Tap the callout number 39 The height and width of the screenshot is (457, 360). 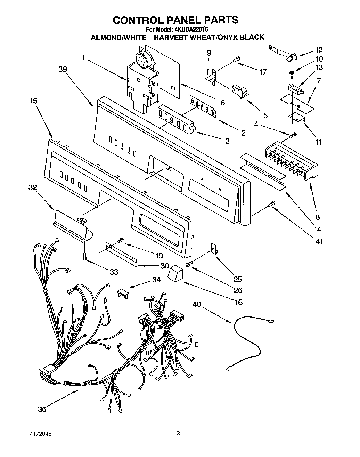click(63, 69)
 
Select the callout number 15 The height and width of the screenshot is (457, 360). click(33, 101)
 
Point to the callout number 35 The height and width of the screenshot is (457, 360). click(42, 409)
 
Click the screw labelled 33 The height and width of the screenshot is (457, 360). click(84, 256)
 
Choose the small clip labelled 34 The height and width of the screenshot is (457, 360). click(123, 293)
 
